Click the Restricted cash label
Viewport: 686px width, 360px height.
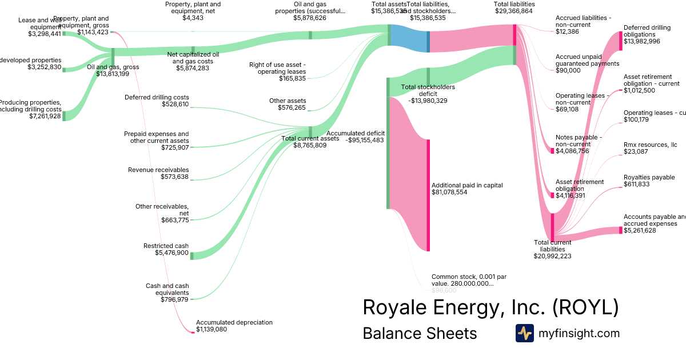coord(166,246)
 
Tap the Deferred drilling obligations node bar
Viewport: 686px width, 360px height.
coord(620,41)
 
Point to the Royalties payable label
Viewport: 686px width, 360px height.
coord(649,177)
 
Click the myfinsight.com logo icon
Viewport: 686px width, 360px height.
coord(524,333)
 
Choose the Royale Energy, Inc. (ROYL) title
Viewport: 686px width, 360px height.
coord(490,307)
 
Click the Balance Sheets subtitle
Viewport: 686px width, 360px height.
coord(420,333)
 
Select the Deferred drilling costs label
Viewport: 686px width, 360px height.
coord(157,97)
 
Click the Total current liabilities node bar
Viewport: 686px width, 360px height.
coord(552,227)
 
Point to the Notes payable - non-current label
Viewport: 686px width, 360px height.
coord(579,141)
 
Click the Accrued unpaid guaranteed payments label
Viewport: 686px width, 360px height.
coord(587,60)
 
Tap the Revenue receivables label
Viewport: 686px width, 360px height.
coord(158,170)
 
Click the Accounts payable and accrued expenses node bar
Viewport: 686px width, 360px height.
coord(620,230)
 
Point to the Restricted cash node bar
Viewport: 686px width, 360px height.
coord(192,255)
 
